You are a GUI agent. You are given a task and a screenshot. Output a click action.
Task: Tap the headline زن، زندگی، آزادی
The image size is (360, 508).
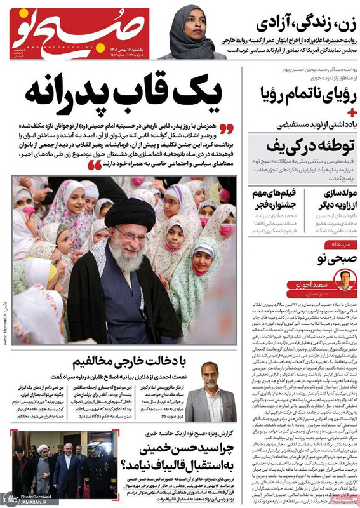[304, 22]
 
